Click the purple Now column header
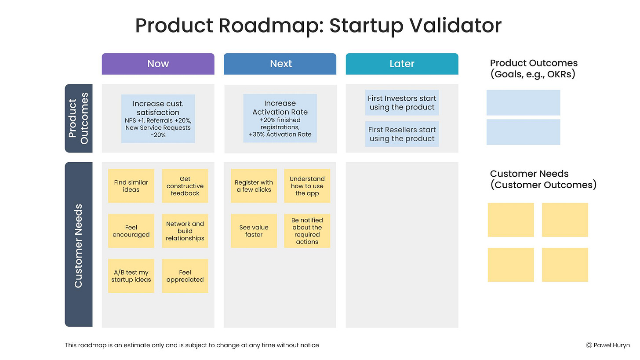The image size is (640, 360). coord(158,64)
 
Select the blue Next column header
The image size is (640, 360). coord(280,64)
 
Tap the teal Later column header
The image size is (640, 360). coord(402,64)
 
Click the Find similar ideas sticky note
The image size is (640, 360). coord(131,186)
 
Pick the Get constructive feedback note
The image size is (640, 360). coord(185,186)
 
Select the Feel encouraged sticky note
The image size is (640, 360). coord(131,231)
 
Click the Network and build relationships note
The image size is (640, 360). coord(185,231)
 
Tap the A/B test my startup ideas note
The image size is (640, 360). coord(131,276)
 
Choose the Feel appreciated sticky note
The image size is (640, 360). coord(185,276)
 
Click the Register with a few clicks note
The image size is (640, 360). coord(254,186)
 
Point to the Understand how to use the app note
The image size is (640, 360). coord(307,186)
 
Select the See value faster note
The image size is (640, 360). coord(254,231)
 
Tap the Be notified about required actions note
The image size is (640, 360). coord(307,231)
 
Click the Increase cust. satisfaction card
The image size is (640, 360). coord(158,119)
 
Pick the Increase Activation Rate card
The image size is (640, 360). coord(280,118)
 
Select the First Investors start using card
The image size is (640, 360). coord(402,103)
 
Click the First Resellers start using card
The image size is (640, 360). coord(402,134)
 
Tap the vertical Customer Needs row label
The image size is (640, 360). coord(79,245)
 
